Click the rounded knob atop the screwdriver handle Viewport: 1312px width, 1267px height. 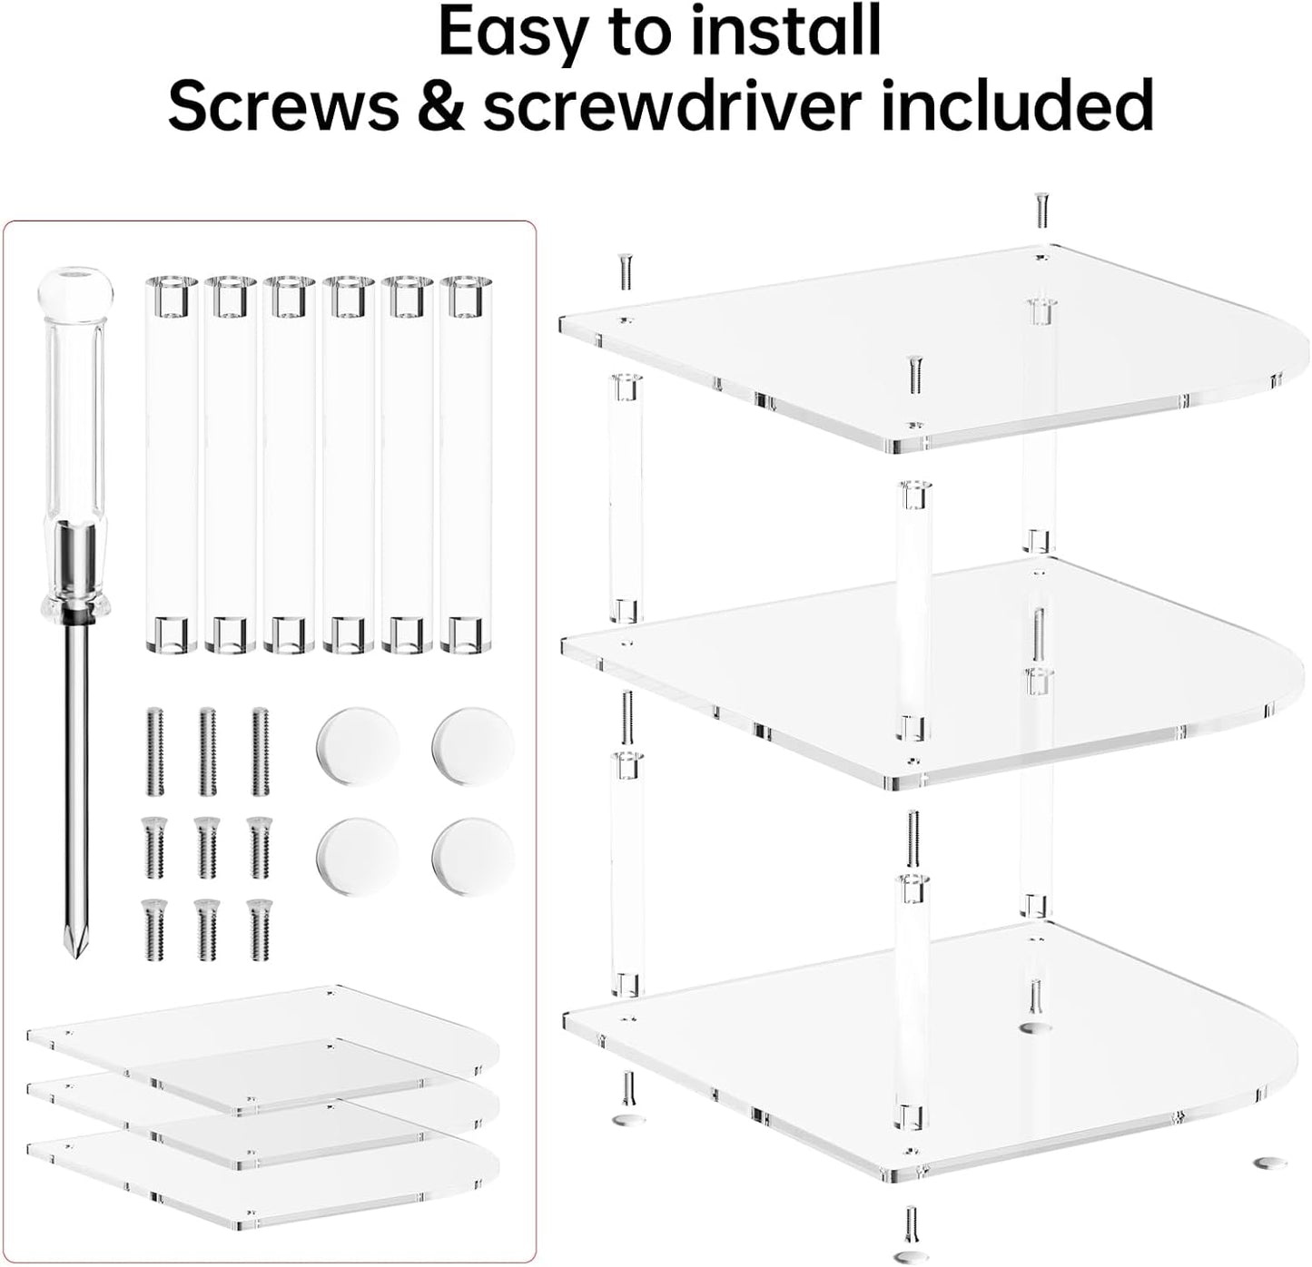click(75, 286)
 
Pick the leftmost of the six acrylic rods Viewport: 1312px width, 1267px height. click(170, 465)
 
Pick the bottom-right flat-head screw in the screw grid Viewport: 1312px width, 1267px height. click(260, 929)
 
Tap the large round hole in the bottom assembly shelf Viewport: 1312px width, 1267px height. click(1032, 1028)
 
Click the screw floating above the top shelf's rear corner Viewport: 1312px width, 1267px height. click(1041, 211)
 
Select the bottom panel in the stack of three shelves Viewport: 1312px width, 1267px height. click(263, 1180)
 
